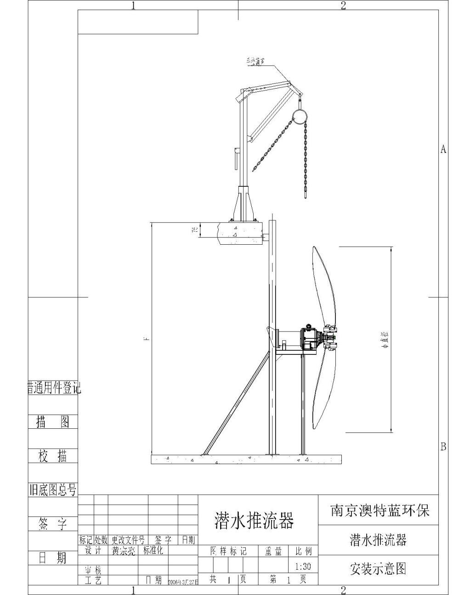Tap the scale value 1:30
303,567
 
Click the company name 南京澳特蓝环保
380,511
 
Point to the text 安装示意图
378,569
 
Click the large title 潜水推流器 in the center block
254,520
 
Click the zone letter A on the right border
443,149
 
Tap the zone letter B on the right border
443,446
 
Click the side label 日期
52,558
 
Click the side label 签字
52,524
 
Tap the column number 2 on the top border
343,6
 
